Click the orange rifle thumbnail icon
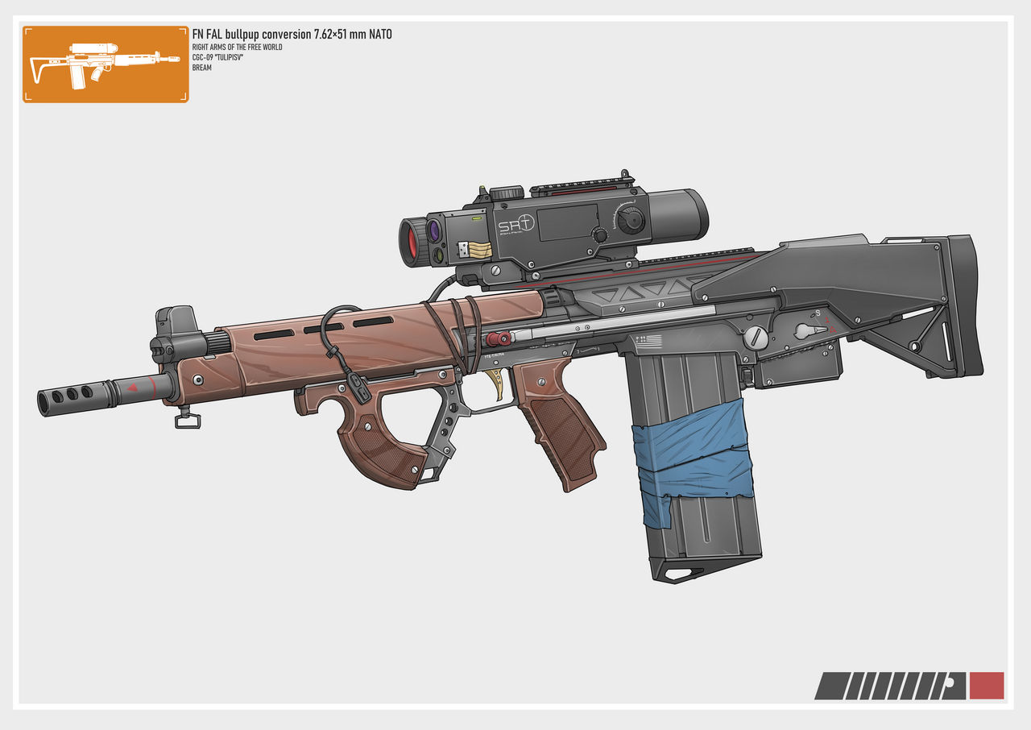[x=106, y=64]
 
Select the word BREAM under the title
[x=201, y=68]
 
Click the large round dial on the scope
[x=634, y=218]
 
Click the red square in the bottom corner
[x=987, y=686]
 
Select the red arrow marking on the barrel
[x=133, y=388]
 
